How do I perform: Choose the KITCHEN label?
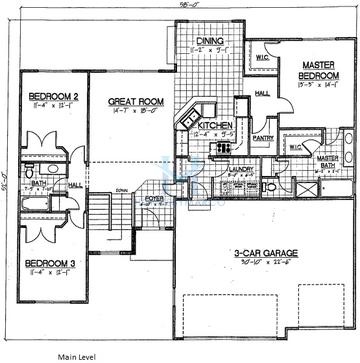pyautogui.click(x=216, y=125)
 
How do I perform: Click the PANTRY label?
pyautogui.click(x=264, y=138)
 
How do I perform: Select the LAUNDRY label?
pyautogui.click(x=241, y=169)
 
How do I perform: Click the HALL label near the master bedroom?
pyautogui.click(x=261, y=93)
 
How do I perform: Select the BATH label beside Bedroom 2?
pyautogui.click(x=34, y=183)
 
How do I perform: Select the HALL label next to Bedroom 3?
pyautogui.click(x=75, y=184)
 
